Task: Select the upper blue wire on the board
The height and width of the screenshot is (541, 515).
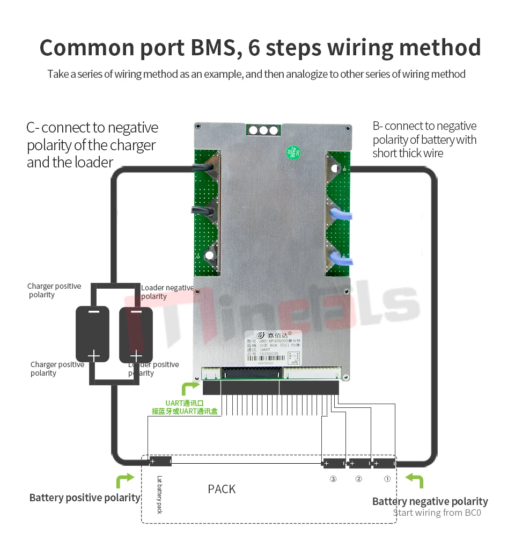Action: (340, 215)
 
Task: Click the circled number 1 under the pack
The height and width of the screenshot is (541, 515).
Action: (387, 479)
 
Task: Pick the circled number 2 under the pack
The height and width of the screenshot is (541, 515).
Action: (359, 479)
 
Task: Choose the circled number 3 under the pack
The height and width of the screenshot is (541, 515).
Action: (333, 479)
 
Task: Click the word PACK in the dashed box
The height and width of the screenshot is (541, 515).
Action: (222, 489)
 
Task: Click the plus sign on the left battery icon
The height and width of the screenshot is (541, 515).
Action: (94, 355)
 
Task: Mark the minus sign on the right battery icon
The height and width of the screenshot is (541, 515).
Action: (136, 312)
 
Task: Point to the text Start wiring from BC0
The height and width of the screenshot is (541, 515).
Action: (437, 513)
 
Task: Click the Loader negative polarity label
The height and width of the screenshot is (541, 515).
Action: (167, 292)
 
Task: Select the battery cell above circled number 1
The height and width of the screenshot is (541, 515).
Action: (384, 463)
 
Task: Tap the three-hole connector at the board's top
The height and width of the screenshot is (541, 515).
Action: (263, 130)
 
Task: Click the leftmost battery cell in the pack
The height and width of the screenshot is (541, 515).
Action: (160, 461)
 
